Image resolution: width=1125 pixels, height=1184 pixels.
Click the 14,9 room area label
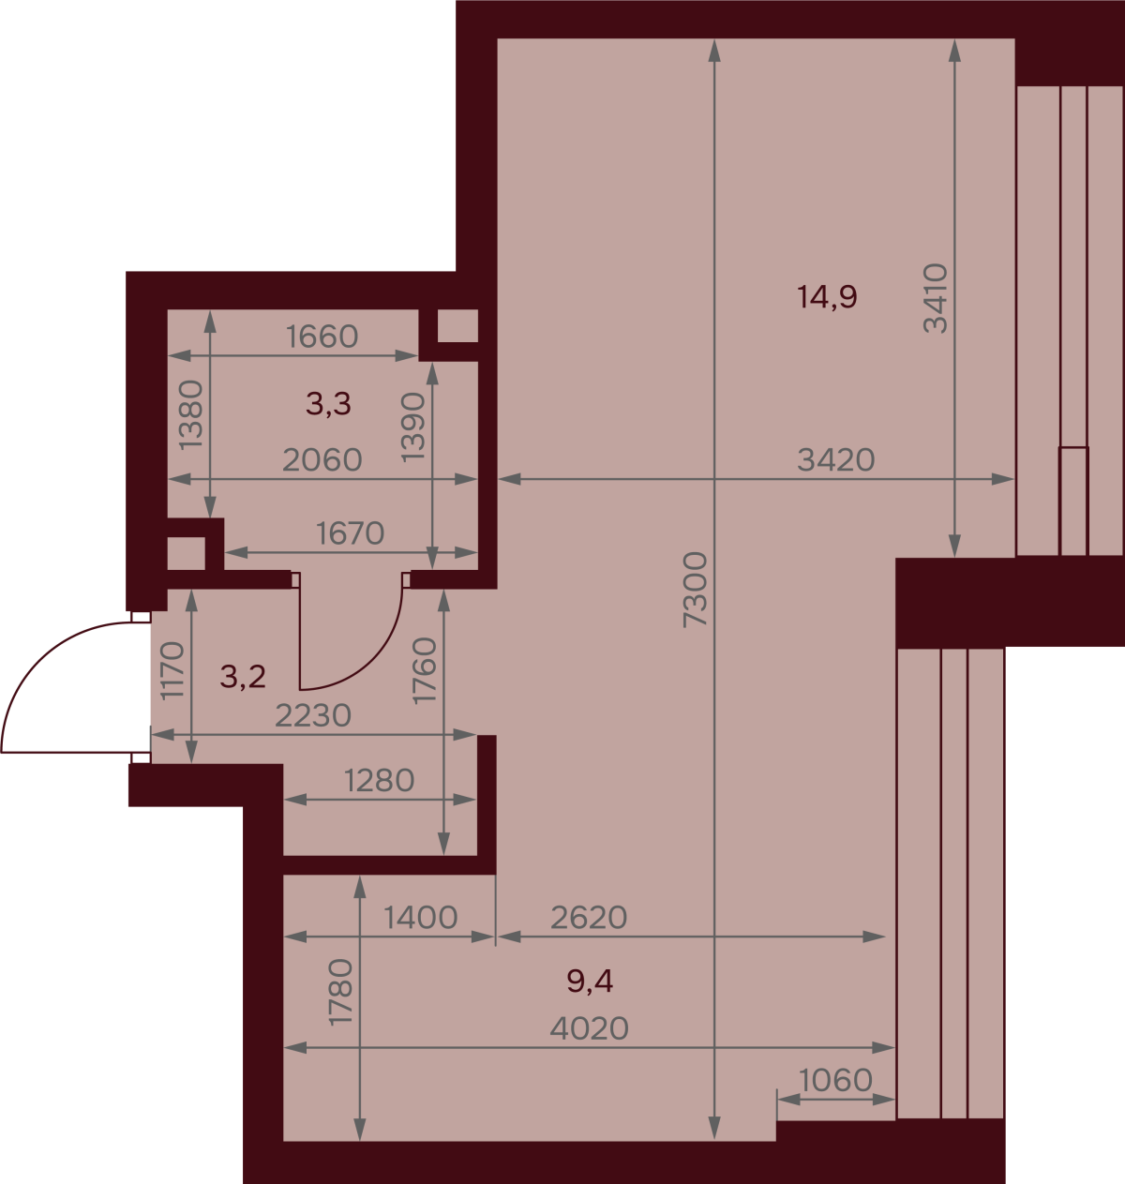coord(827,297)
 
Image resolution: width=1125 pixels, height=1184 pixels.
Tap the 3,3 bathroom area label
coord(328,403)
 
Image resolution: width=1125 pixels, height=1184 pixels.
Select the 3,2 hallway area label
coord(243,676)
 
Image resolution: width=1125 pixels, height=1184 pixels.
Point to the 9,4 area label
coord(590,982)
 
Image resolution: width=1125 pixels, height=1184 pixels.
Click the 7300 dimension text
coord(695,591)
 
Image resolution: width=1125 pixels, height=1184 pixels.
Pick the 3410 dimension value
coord(936,298)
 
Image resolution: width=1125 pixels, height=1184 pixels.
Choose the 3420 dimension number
coord(836,460)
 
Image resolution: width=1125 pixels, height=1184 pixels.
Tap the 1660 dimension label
coord(322,337)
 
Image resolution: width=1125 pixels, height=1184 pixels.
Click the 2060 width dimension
coord(322,460)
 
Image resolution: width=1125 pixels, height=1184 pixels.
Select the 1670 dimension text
coord(350,533)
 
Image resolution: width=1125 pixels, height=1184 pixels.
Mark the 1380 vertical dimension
coord(192,414)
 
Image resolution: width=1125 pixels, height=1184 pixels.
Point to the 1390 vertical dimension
coord(413,427)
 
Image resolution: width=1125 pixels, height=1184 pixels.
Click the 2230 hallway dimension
coord(313,716)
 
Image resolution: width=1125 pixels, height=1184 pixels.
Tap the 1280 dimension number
coord(380,781)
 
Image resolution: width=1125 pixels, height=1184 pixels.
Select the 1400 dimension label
coord(420,917)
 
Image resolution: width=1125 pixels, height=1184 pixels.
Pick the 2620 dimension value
coord(589,917)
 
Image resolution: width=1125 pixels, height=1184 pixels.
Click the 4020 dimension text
coord(590,1028)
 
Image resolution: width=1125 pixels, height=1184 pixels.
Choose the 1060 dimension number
coord(836,1080)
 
